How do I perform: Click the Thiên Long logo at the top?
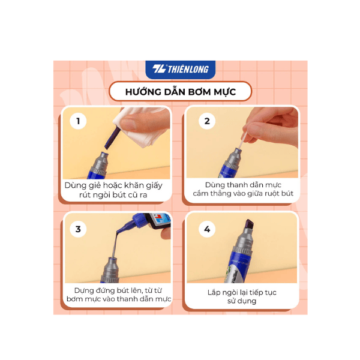click(x=180, y=69)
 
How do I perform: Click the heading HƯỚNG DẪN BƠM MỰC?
click(x=180, y=91)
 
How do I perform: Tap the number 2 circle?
click(x=208, y=121)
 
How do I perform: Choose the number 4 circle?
click(x=208, y=229)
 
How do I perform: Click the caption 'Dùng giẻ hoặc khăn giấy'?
click(x=118, y=185)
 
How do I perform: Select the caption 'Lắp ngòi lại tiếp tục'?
click(x=242, y=292)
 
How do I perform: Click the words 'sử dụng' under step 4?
click(x=242, y=301)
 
